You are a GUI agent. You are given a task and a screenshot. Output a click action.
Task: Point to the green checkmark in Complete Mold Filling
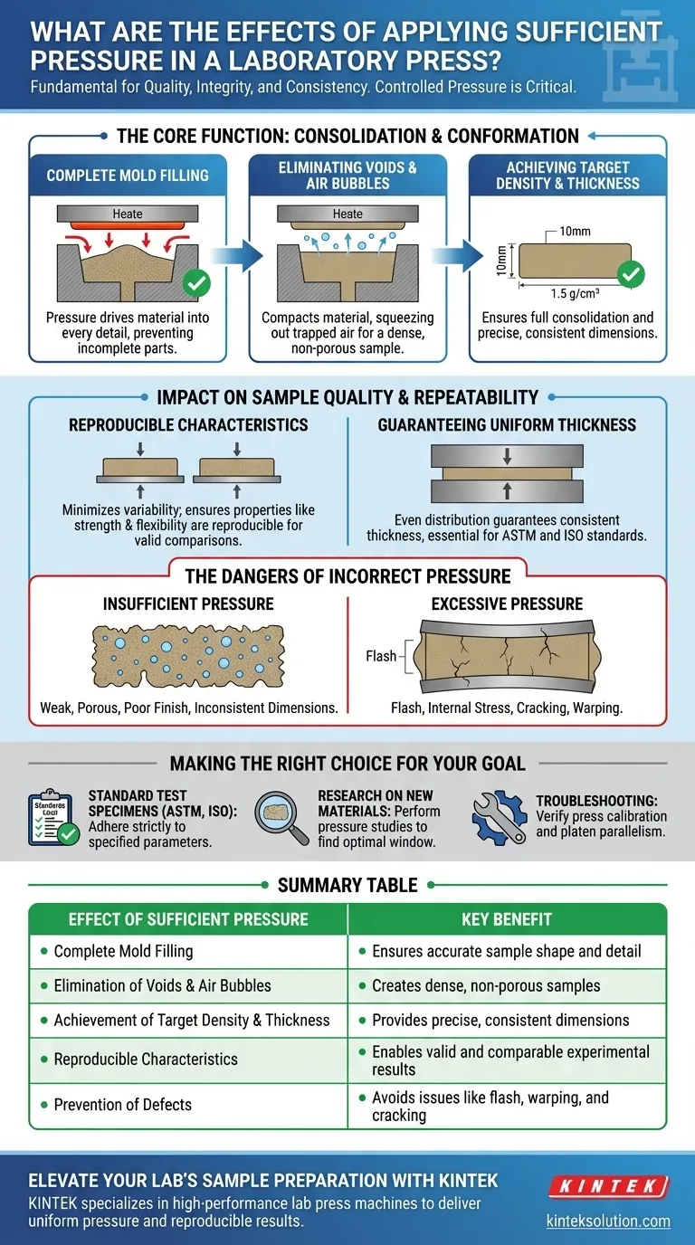click(x=196, y=283)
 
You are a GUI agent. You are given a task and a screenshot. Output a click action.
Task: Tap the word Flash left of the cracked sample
click(x=381, y=655)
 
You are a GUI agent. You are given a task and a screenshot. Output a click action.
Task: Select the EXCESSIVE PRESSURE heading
click(x=507, y=603)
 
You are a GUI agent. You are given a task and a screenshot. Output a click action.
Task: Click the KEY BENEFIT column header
click(x=507, y=920)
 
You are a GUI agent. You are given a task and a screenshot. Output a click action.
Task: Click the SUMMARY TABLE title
click(x=347, y=884)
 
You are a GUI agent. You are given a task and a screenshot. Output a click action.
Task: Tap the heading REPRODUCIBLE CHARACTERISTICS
click(x=188, y=424)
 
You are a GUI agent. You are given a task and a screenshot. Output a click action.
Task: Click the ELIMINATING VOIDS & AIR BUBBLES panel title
click(x=348, y=175)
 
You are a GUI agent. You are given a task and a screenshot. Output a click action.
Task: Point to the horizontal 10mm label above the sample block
click(x=575, y=232)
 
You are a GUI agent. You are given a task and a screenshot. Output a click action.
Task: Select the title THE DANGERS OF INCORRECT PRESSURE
click(x=347, y=576)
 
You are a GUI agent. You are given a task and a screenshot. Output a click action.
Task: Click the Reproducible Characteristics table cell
click(x=146, y=1059)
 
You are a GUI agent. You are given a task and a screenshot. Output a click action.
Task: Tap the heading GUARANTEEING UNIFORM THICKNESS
click(x=507, y=424)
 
